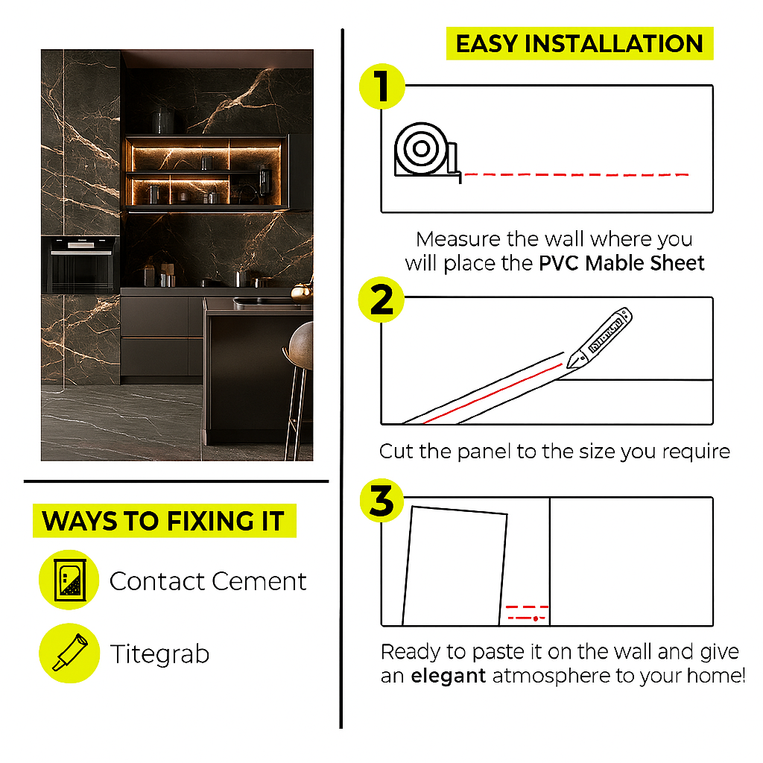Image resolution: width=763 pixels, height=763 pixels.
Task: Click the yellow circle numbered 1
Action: (x=382, y=86)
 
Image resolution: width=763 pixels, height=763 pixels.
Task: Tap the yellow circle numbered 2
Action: (x=381, y=300)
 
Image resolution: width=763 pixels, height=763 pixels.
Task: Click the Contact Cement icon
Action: (x=69, y=580)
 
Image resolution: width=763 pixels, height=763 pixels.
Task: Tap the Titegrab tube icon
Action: (x=69, y=653)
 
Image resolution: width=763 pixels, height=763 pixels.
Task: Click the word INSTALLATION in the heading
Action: (x=614, y=44)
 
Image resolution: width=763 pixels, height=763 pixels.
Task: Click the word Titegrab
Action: (x=159, y=654)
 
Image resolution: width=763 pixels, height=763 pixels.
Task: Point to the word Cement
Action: (x=259, y=581)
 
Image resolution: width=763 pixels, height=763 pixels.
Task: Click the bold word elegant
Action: (x=448, y=676)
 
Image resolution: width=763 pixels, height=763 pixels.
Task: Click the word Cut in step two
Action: (x=396, y=451)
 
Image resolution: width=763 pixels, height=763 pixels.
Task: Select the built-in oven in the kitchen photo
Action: (x=80, y=265)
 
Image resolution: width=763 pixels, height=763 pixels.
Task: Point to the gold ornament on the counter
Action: (x=301, y=292)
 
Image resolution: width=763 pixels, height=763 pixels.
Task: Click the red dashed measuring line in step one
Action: (x=577, y=174)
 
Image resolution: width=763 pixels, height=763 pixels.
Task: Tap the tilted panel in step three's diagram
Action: (x=455, y=566)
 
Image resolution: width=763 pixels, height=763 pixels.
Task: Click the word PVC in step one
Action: (x=559, y=263)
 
